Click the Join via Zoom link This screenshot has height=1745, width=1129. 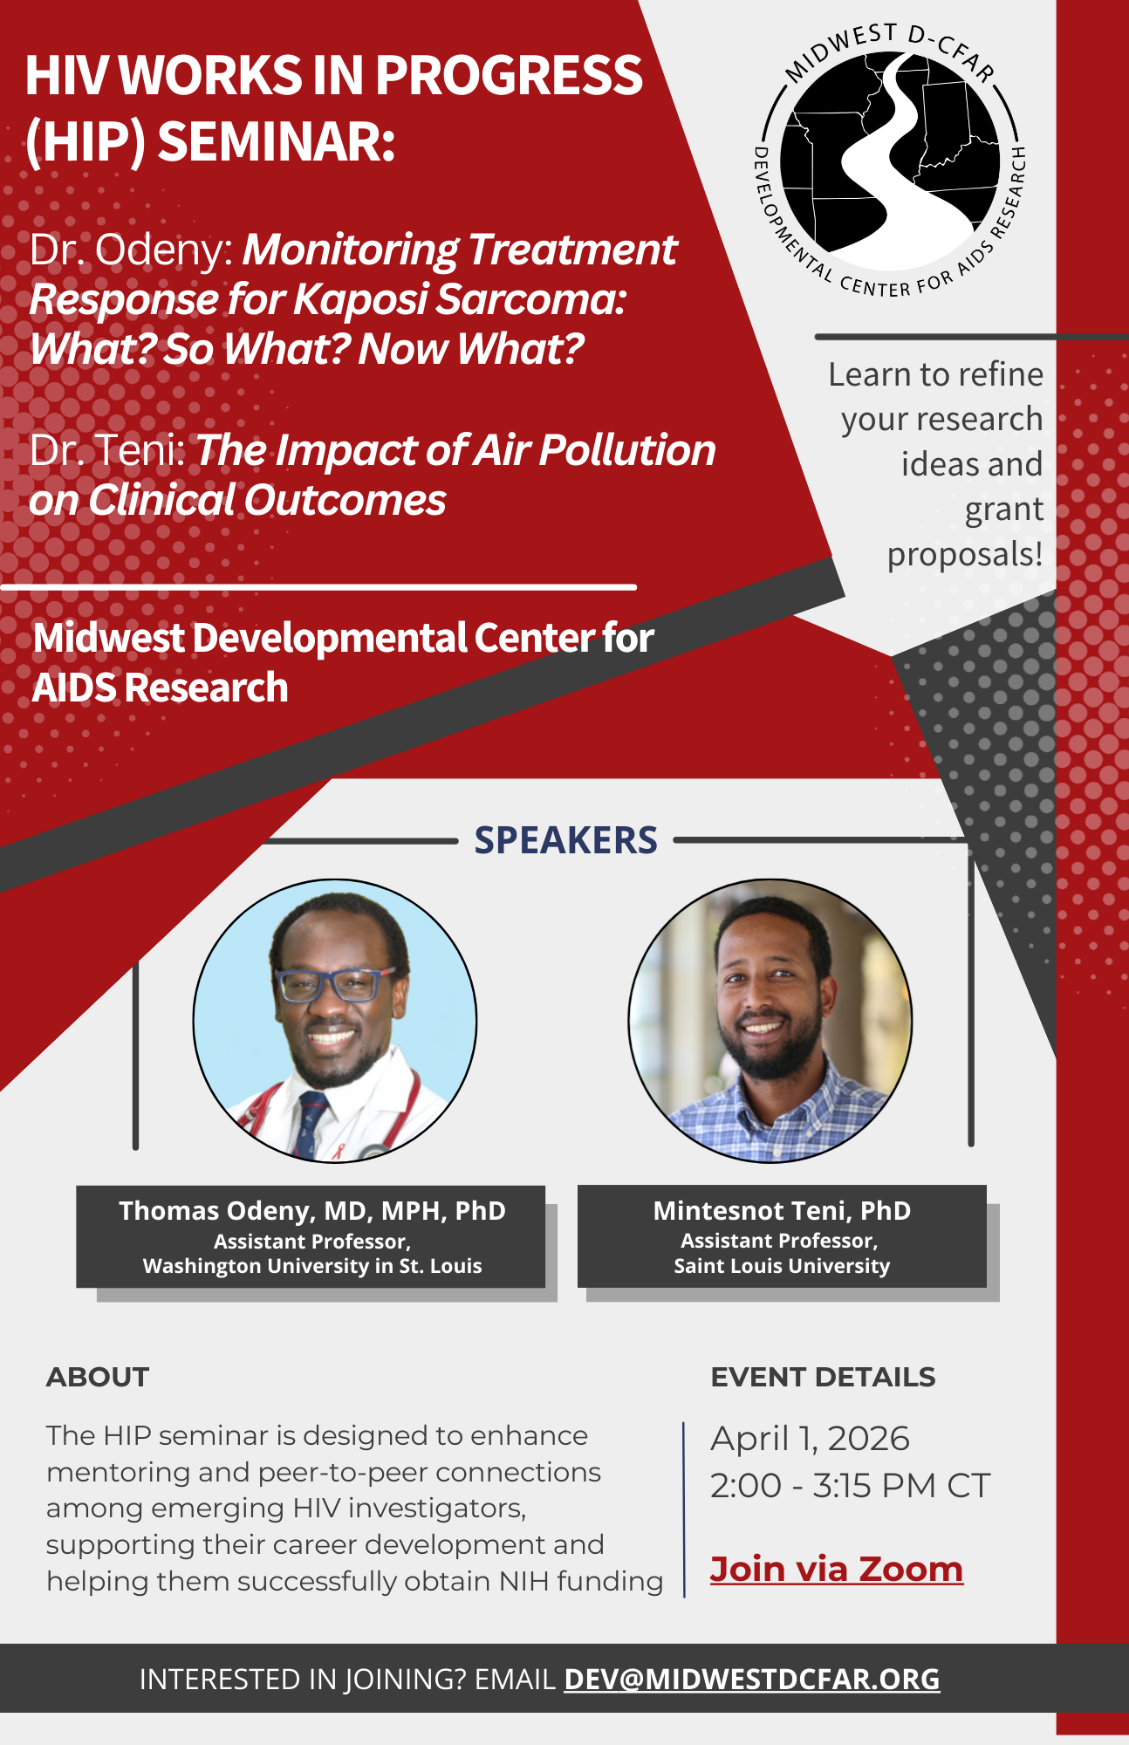click(836, 1569)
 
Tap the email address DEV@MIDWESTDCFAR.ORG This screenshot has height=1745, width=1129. click(751, 1679)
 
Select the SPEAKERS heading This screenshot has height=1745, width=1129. click(565, 840)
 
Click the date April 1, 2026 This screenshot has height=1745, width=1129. click(810, 1439)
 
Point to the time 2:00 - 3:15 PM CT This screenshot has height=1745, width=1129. click(850, 1486)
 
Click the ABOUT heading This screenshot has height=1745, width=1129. click(98, 1377)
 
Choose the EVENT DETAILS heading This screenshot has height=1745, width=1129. click(823, 1377)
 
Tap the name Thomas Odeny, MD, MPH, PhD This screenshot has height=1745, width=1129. click(312, 1211)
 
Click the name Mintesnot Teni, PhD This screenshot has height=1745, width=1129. click(782, 1211)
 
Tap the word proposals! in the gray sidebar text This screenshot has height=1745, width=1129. click(964, 555)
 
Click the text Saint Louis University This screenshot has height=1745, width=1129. click(782, 1266)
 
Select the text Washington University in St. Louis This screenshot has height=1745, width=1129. click(312, 1266)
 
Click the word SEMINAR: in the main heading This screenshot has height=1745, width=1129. click(277, 141)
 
